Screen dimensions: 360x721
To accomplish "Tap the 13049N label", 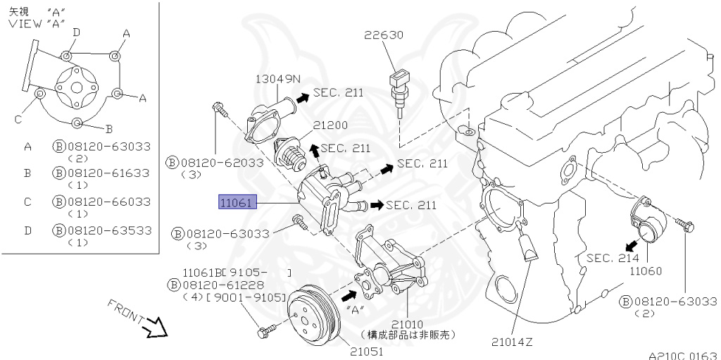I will (x=277, y=79).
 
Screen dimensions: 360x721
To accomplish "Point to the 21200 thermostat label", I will (x=331, y=125).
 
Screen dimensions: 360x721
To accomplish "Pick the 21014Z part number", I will (x=512, y=342).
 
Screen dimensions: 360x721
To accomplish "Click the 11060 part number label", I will (x=646, y=271).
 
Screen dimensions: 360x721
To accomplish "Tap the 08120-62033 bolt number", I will (x=222, y=163).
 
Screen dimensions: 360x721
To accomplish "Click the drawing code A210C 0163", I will (x=682, y=355).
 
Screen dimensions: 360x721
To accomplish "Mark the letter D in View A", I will (x=76, y=32).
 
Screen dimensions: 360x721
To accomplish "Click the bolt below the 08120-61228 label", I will (x=263, y=330).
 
